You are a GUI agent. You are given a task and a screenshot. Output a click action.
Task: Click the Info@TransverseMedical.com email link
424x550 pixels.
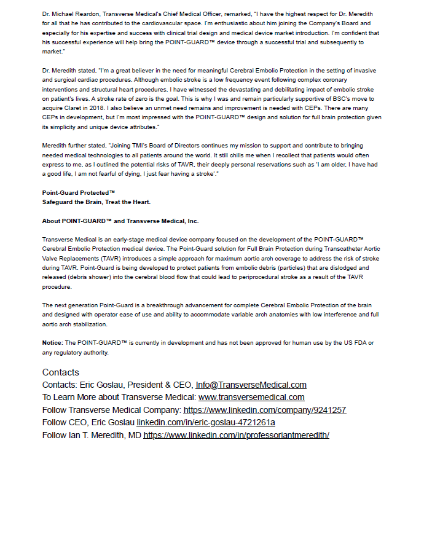coord(251,385)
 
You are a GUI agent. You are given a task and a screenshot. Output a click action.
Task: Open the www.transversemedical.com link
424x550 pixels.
coord(251,398)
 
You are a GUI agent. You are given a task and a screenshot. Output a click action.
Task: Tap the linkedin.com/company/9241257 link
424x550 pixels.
coord(264,410)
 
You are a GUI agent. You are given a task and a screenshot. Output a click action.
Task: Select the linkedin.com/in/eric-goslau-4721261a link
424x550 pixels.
coord(206,422)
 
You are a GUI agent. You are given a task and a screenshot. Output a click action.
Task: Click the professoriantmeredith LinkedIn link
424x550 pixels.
coord(237,434)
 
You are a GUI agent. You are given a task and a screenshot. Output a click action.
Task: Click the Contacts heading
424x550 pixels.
coord(61,372)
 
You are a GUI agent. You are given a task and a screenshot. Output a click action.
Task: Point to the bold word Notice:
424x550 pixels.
coord(52,342)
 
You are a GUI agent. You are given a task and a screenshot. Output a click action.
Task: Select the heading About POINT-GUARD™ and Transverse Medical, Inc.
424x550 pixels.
coord(120,221)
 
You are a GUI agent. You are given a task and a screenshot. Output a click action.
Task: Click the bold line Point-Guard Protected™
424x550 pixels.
coord(79,193)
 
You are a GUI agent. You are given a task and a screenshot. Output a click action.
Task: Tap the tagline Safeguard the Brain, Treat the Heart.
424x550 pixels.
coord(96,202)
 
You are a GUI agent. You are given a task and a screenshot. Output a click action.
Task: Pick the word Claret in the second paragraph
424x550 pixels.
coord(72,108)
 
